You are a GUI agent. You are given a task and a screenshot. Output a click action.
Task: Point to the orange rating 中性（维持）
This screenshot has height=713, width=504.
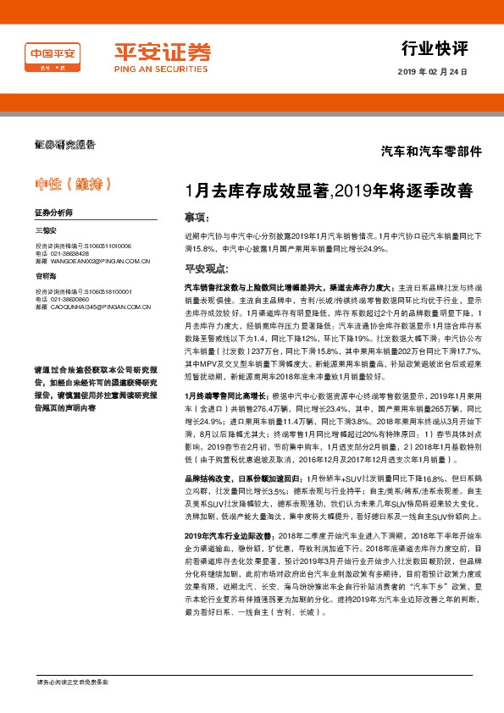[72, 183]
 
